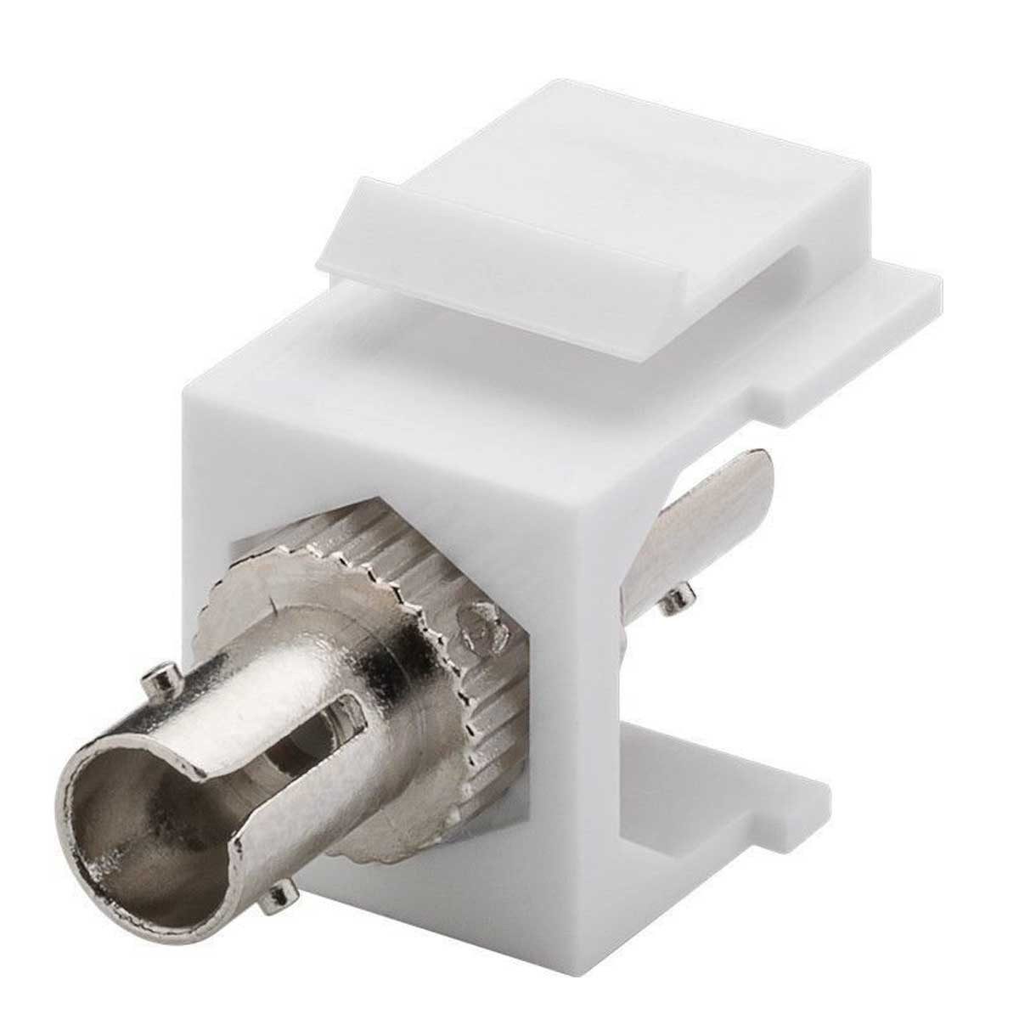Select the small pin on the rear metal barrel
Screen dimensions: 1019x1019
tap(675, 601)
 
